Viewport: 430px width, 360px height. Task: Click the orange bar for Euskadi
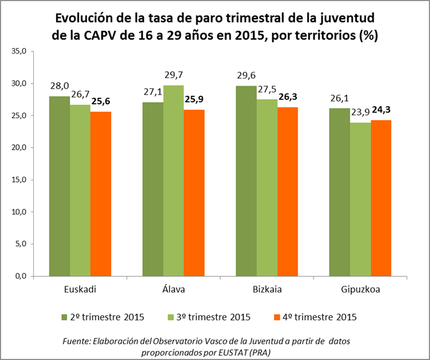tap(101, 194)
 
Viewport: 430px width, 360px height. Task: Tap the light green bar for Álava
tap(173, 180)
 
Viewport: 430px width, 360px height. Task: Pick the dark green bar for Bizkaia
tap(247, 181)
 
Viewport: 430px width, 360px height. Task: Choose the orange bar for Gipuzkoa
tap(381, 198)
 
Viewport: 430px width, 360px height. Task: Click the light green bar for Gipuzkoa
tap(361, 199)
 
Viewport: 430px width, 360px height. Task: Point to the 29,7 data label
tap(174, 76)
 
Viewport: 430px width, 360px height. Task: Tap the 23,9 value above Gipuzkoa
tap(361, 113)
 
